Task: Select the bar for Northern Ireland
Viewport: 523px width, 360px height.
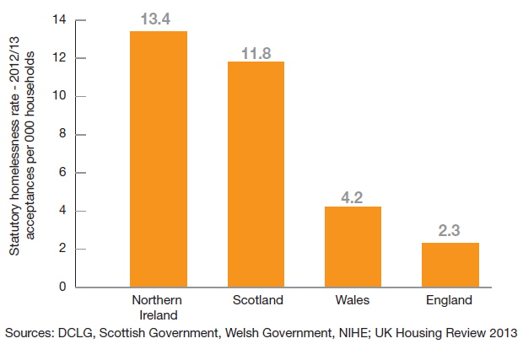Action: (159, 159)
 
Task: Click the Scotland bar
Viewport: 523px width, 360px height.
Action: (256, 175)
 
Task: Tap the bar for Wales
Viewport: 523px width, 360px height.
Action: (353, 247)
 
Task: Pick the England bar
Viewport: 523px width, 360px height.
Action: (450, 265)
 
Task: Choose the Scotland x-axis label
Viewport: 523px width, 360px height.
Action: (257, 300)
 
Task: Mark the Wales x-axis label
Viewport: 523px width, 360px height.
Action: (353, 300)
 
